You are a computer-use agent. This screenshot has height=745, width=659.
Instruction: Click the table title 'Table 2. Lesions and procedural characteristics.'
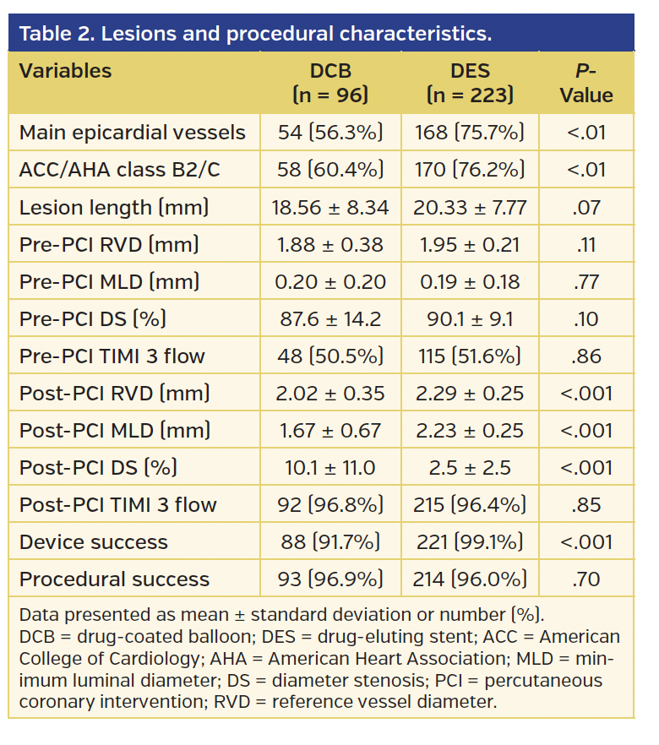point(255,35)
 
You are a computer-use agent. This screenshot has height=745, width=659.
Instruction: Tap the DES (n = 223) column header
point(470,83)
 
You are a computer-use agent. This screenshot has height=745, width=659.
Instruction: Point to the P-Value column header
point(586,83)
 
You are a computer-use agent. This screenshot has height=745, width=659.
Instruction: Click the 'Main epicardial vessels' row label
point(133,133)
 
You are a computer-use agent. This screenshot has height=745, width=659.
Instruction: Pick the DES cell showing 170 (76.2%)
point(470,170)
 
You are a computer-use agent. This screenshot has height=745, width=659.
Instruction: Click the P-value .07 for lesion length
point(586,207)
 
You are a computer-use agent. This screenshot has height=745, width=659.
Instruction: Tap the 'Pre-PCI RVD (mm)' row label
point(109,244)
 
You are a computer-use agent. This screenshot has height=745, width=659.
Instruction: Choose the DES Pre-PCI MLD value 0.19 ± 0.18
point(470,281)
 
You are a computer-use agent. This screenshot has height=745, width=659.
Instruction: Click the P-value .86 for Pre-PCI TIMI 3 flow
point(586,356)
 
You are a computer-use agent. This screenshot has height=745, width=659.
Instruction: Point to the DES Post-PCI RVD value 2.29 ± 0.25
point(470,393)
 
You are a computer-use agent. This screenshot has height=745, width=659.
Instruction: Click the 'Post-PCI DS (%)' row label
point(98,467)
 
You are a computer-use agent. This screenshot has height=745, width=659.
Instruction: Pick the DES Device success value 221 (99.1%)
point(470,541)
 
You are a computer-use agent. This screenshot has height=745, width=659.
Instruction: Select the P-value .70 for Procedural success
point(586,579)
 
